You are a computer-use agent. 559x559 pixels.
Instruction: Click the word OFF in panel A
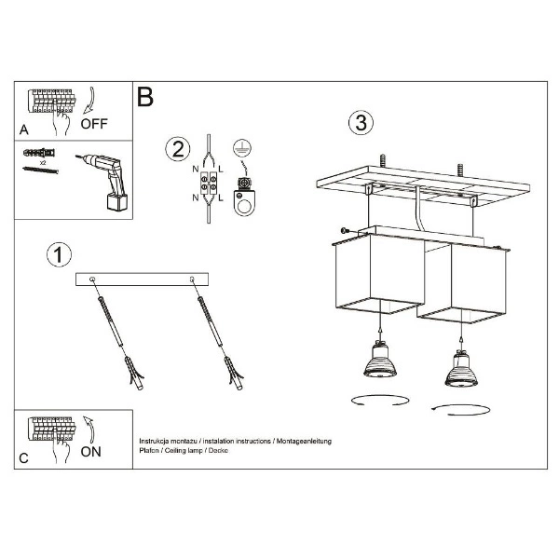tap(95, 122)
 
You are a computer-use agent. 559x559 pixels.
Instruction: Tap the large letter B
tap(145, 96)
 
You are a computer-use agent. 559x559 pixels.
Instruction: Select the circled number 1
tap(60, 253)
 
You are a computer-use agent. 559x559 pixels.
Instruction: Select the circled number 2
tap(176, 149)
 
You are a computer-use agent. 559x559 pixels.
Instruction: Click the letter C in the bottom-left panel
tap(24, 457)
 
